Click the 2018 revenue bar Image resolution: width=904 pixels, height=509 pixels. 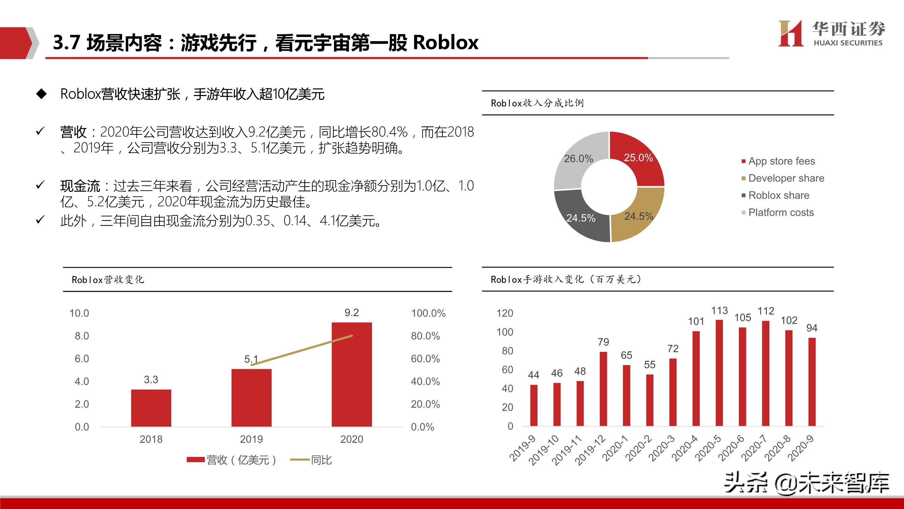151,408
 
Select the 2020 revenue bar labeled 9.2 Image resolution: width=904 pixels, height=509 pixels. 352,374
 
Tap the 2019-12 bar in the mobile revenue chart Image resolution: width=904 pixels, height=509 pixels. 603,389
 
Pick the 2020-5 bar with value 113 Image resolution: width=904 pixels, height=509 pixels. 719,373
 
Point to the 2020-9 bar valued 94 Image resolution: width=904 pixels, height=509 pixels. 812,382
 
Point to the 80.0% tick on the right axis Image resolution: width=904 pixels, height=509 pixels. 425,336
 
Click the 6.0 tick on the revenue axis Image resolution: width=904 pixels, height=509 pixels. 82,359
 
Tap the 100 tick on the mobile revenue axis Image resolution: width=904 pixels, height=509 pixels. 505,332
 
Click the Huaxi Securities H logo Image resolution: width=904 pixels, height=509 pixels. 791,33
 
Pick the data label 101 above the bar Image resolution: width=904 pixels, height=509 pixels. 696,321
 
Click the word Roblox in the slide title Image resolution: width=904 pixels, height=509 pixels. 446,43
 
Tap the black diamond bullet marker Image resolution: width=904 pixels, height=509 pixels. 41,94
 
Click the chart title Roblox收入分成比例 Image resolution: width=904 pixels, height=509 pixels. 537,103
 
